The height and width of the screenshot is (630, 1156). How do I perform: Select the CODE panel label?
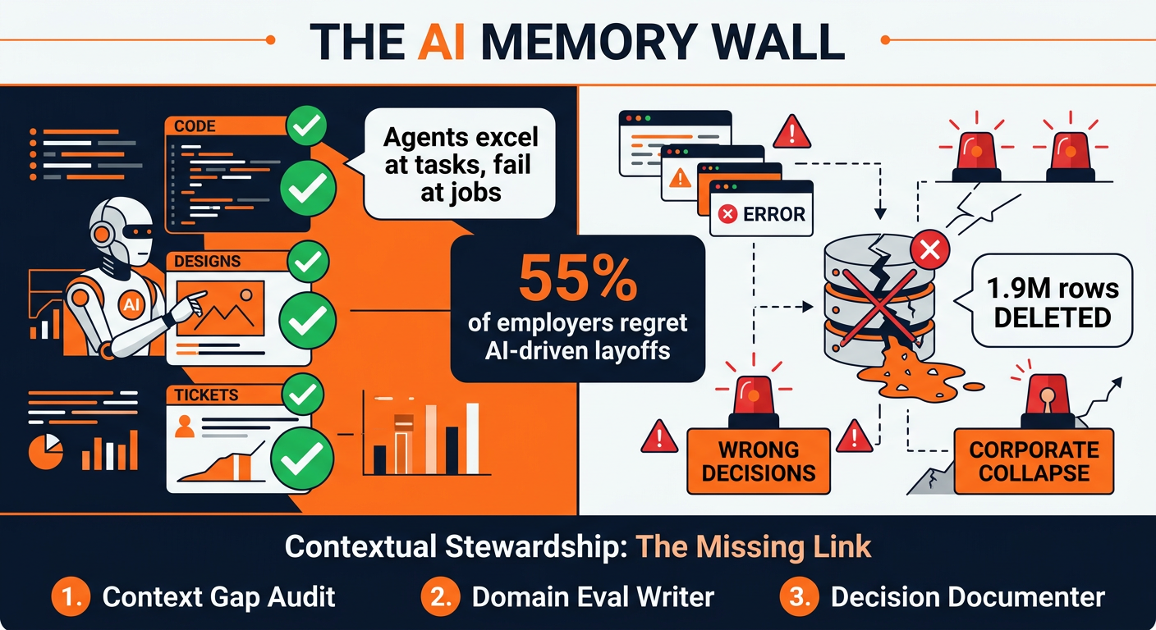(x=195, y=126)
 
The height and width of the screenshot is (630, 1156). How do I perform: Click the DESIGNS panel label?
(x=207, y=262)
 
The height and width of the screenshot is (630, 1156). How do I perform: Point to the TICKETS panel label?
(x=206, y=395)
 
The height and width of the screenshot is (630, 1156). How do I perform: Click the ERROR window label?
(x=762, y=215)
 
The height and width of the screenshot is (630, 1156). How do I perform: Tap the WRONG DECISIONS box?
(x=758, y=461)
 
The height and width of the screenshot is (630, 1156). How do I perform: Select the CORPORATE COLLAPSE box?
(x=1034, y=461)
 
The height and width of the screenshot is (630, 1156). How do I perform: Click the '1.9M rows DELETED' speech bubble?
(x=1052, y=302)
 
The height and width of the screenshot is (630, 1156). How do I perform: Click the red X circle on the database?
(x=929, y=251)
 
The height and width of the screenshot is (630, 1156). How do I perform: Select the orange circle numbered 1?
(x=71, y=597)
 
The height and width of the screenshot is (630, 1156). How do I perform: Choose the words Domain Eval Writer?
(x=594, y=597)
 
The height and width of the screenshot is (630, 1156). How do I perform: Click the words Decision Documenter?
(x=968, y=597)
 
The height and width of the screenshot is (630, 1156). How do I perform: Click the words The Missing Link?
(x=754, y=547)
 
